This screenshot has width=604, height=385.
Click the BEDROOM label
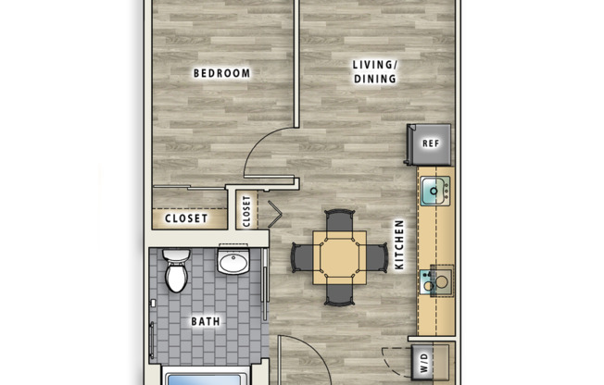pos(221,73)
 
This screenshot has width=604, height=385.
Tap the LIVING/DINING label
pos(374,72)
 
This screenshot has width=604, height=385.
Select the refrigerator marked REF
pos(429,143)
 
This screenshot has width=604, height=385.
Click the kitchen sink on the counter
pos(434,191)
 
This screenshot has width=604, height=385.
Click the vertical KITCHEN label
pos(400,244)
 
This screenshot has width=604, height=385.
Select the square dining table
pos(339,257)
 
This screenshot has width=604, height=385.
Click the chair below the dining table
pos(339,293)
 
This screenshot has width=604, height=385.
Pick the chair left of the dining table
pos(303,257)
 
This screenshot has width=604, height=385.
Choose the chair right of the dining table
pos(374,257)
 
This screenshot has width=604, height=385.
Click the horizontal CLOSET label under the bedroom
pos(187,219)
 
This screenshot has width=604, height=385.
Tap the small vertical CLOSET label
pos(246,211)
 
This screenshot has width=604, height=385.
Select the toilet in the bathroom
pos(175,270)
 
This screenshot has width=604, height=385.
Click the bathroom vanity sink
pos(233,263)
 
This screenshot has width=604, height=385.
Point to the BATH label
pos(206,322)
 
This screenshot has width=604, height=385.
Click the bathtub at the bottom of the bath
pos(206,377)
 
